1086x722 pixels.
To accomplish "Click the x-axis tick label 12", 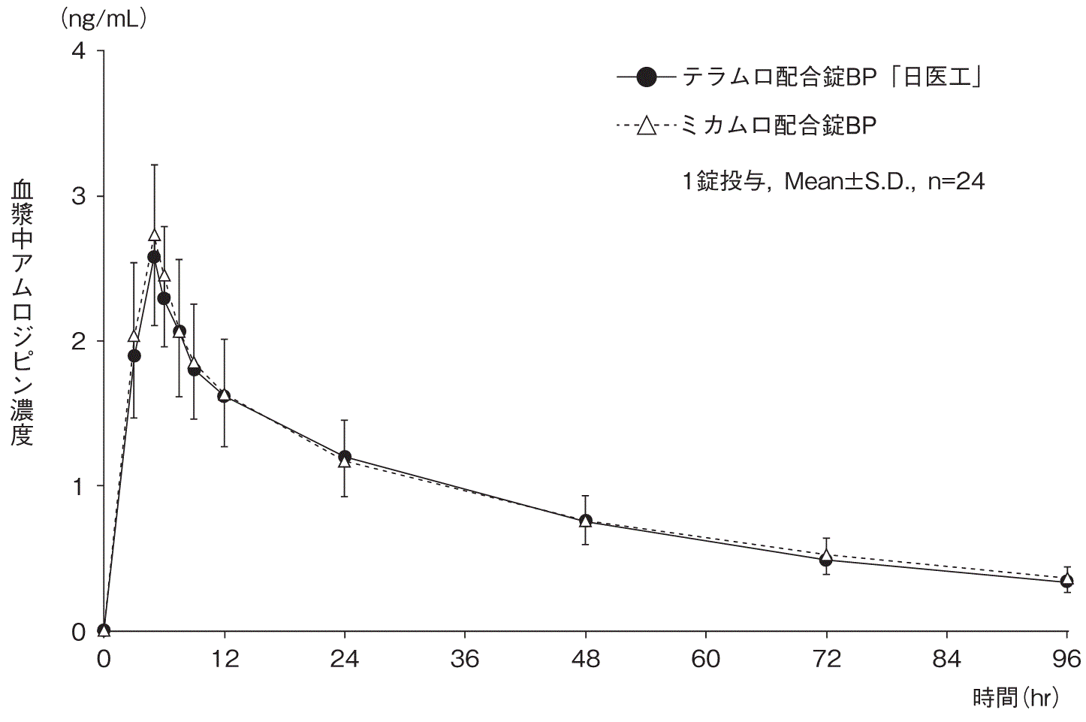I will (x=224, y=660).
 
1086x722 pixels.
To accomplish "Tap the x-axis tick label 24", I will (x=344, y=660).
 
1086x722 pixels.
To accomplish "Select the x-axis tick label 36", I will (x=465, y=660).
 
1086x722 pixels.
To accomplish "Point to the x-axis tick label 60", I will (x=706, y=660).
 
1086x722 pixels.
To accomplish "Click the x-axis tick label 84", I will (x=946, y=660).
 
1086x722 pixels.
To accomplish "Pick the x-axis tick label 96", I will (x=1066, y=660).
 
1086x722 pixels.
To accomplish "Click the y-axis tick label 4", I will (x=78, y=51).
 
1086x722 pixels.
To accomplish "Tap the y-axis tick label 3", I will (x=78, y=196).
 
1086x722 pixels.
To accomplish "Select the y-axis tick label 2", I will (x=78, y=341).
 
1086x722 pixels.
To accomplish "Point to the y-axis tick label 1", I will (x=78, y=486).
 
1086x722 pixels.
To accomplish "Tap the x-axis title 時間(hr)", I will (x=1016, y=698).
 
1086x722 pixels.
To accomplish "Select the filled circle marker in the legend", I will (x=646, y=77).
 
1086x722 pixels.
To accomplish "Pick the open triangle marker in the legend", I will (x=646, y=125).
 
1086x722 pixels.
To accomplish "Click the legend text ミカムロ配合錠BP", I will (x=778, y=125).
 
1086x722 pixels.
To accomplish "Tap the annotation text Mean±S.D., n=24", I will (x=884, y=181).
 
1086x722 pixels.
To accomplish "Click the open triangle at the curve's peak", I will (x=154, y=236).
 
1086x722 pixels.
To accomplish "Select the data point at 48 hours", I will (x=585, y=520).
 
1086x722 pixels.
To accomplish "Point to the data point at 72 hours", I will (x=826, y=558).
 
